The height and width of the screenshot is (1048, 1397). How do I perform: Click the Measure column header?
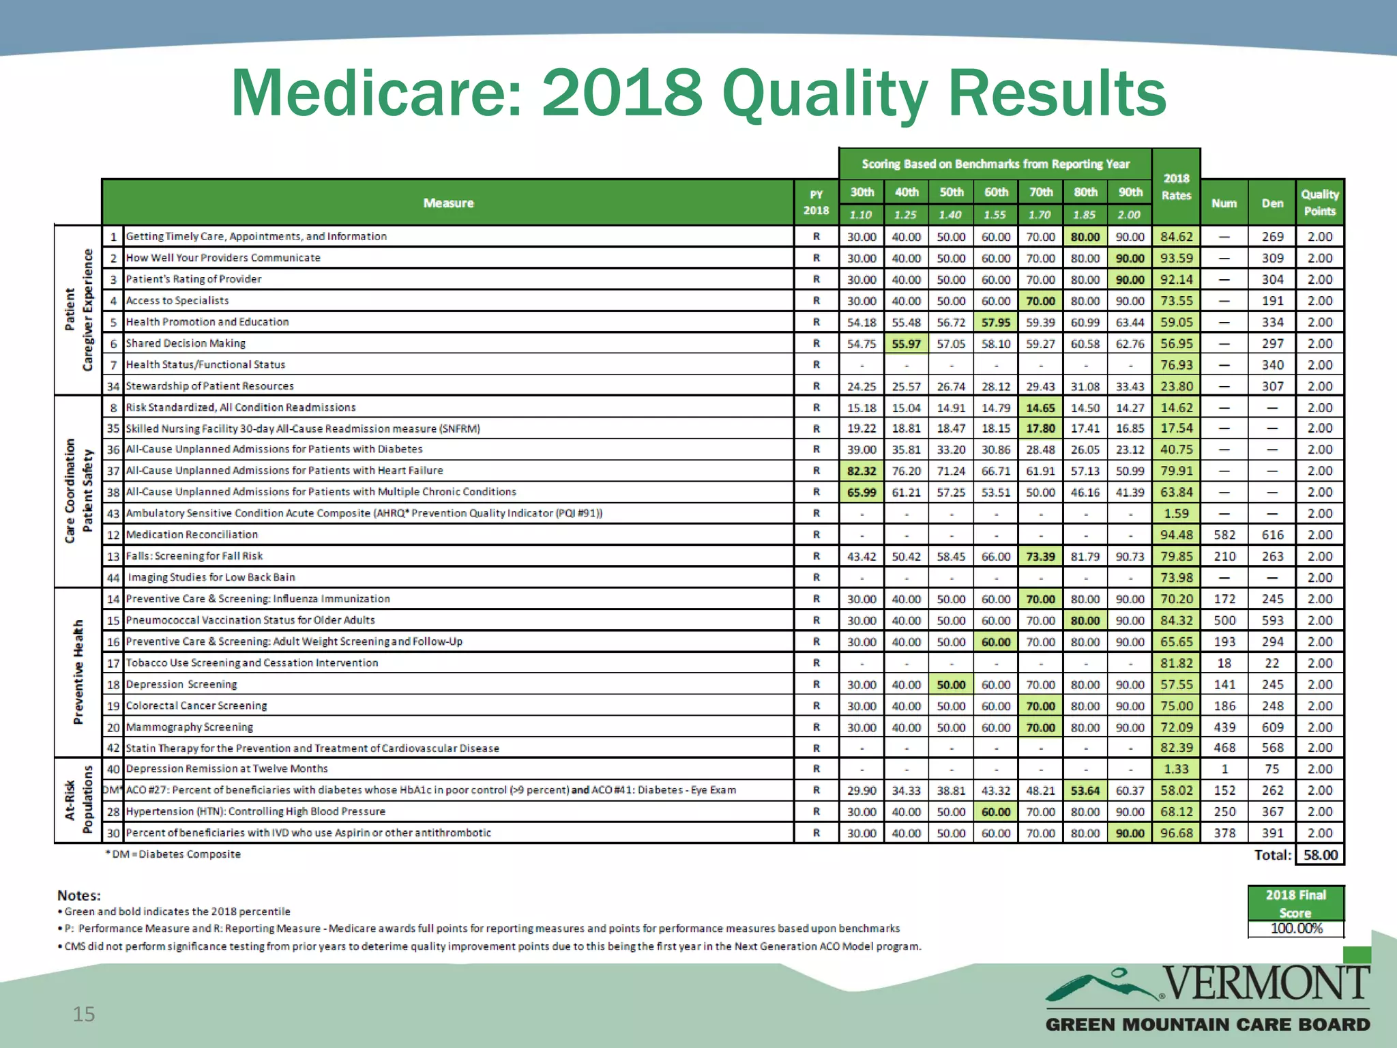(x=448, y=203)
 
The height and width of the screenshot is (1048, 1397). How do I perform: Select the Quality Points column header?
(x=1319, y=203)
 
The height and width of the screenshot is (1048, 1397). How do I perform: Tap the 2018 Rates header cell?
(x=1176, y=187)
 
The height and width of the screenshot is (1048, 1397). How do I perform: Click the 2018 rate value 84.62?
(x=1176, y=237)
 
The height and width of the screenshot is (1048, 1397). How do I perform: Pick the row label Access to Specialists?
(x=177, y=300)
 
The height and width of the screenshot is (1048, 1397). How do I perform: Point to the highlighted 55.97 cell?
(x=906, y=344)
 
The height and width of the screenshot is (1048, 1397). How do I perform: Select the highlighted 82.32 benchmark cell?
(x=862, y=471)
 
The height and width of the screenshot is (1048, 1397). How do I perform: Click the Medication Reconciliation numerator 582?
(x=1224, y=535)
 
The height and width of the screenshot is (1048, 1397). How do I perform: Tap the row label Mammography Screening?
(x=189, y=727)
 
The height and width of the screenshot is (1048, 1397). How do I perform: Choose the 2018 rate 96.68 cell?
(x=1176, y=833)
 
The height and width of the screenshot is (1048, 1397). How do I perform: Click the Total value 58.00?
(x=1320, y=855)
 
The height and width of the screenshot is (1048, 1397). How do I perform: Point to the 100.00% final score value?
(x=1295, y=929)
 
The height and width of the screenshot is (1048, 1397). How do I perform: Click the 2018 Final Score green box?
(x=1295, y=903)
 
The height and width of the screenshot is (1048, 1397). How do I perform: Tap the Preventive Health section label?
(x=78, y=672)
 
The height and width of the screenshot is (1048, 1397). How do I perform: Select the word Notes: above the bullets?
(x=79, y=895)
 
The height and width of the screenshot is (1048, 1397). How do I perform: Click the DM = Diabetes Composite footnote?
(x=173, y=854)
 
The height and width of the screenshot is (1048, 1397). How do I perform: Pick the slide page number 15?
(x=84, y=1014)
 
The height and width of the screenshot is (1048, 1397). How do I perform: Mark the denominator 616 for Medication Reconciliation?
(x=1272, y=535)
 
